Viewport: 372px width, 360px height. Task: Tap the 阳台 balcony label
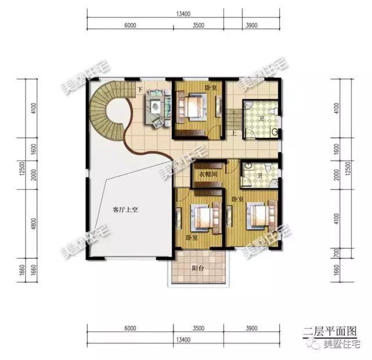pyautogui.click(x=197, y=269)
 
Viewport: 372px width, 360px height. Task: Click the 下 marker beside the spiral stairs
pyautogui.click(x=139, y=90)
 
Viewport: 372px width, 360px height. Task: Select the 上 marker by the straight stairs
pyautogui.click(x=234, y=133)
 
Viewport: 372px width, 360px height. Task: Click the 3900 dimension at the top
pyautogui.click(x=252, y=26)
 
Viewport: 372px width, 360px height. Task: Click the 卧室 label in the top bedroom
pyautogui.click(x=211, y=87)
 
